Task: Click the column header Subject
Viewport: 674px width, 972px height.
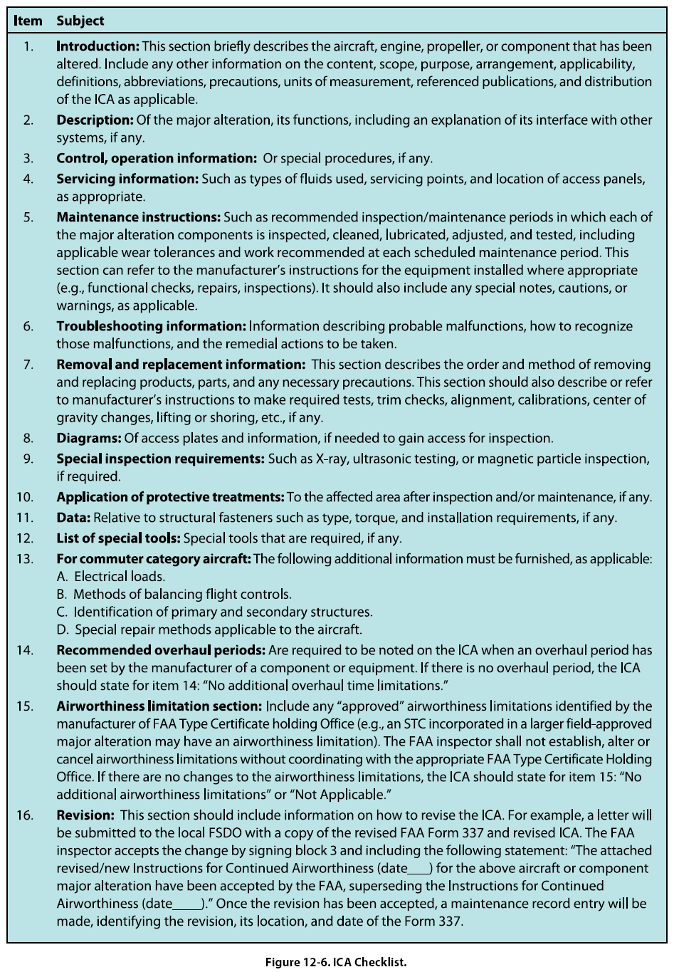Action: pyautogui.click(x=80, y=21)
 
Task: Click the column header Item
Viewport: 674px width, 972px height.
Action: pyautogui.click(x=28, y=21)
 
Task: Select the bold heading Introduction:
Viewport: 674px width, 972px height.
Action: pyautogui.click(x=98, y=46)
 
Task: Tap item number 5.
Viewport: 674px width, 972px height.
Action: pyautogui.click(x=28, y=216)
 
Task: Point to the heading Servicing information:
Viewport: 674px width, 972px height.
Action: pyautogui.click(x=127, y=179)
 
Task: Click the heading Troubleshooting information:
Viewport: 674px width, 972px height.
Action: pyautogui.click(x=151, y=326)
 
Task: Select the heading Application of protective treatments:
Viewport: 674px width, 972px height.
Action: pyautogui.click(x=170, y=497)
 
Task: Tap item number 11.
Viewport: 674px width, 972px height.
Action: pyautogui.click(x=25, y=518)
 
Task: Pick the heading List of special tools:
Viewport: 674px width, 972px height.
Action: pyautogui.click(x=118, y=538)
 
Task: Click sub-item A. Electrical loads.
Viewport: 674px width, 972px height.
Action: pyautogui.click(x=110, y=577)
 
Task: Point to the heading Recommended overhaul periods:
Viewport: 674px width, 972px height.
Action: pyautogui.click(x=161, y=650)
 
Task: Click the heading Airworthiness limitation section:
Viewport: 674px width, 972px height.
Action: pyautogui.click(x=159, y=706)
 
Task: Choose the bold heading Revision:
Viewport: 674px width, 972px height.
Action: pyautogui.click(x=85, y=815)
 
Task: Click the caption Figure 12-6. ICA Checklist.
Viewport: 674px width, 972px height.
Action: pyautogui.click(x=336, y=962)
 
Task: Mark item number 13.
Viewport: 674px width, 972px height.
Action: pyautogui.click(x=25, y=559)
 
